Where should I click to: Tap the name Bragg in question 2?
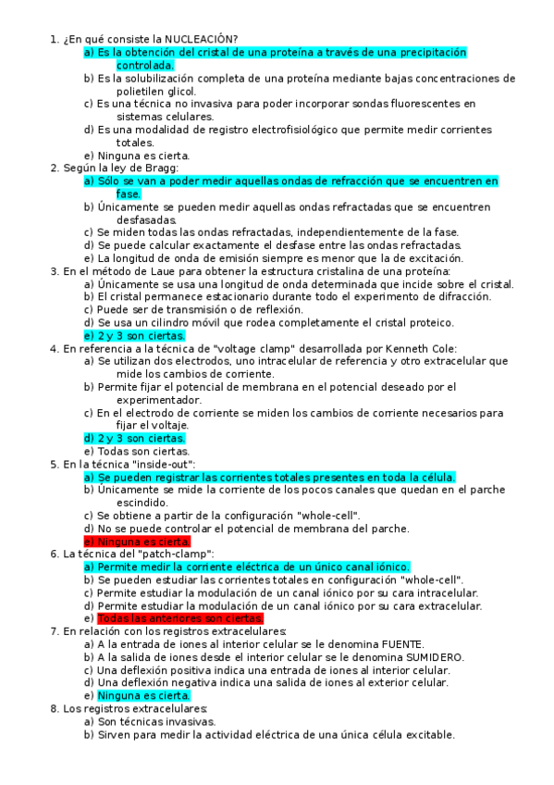click(x=160, y=168)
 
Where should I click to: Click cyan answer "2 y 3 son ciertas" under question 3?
click(x=134, y=335)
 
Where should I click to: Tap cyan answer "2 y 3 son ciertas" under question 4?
click(x=134, y=438)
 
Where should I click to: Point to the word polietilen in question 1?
click(x=142, y=93)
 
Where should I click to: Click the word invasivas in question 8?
click(x=190, y=721)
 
